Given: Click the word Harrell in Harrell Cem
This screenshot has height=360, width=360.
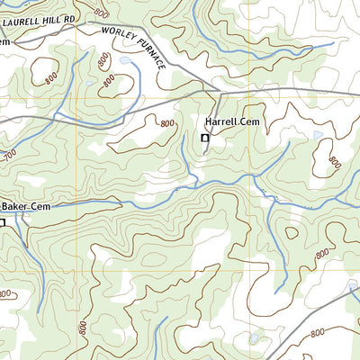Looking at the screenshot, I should (x=220, y=121).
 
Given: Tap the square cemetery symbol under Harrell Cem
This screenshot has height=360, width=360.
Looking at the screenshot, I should (x=204, y=139).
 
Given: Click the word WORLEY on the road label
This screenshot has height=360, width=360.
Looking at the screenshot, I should (x=117, y=35).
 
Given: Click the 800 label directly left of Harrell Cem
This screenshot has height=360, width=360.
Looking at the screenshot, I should (x=167, y=122).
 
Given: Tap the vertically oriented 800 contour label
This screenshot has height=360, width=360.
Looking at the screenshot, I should (x=83, y=329).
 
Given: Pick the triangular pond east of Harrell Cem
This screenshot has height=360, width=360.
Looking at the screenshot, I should (x=317, y=135).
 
